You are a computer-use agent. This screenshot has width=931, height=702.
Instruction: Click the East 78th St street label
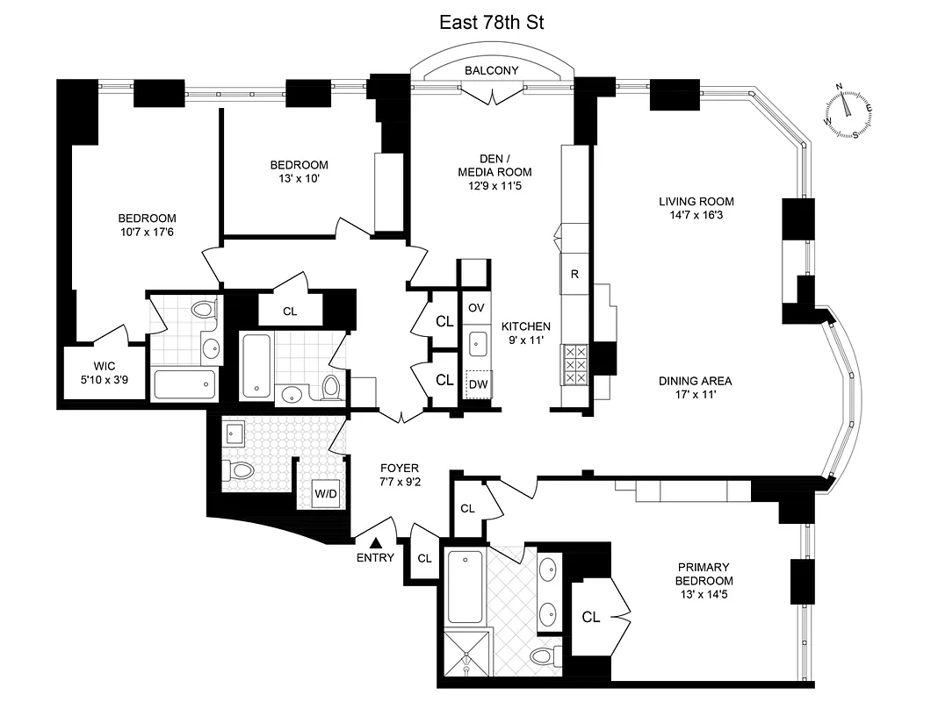coord(492,23)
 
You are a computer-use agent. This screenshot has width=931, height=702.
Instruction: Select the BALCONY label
coord(491,71)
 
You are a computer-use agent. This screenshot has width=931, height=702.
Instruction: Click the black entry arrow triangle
coord(375,544)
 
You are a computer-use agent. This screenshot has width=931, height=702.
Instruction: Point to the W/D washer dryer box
coord(326,494)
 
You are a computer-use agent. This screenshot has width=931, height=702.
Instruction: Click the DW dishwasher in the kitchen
coord(477,383)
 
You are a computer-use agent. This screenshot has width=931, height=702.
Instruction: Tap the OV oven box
coord(476,307)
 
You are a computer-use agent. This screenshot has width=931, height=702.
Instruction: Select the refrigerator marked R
coord(574,274)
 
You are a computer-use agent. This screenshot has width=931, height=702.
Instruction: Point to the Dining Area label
coord(696,381)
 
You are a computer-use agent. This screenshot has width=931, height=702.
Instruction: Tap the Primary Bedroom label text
coord(704,574)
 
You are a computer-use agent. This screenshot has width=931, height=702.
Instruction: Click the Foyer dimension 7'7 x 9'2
coord(399,481)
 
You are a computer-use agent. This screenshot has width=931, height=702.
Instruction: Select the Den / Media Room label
coord(494,165)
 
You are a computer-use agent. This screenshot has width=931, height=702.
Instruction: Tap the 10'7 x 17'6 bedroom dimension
coord(148,232)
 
